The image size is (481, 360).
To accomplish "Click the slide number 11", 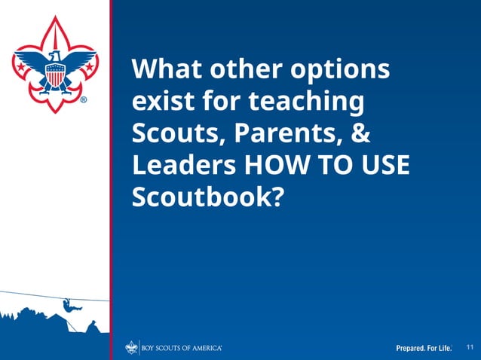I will (470, 346).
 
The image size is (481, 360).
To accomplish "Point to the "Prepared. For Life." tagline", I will (424, 348).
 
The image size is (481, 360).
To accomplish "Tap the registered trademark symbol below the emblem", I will (84, 99).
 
